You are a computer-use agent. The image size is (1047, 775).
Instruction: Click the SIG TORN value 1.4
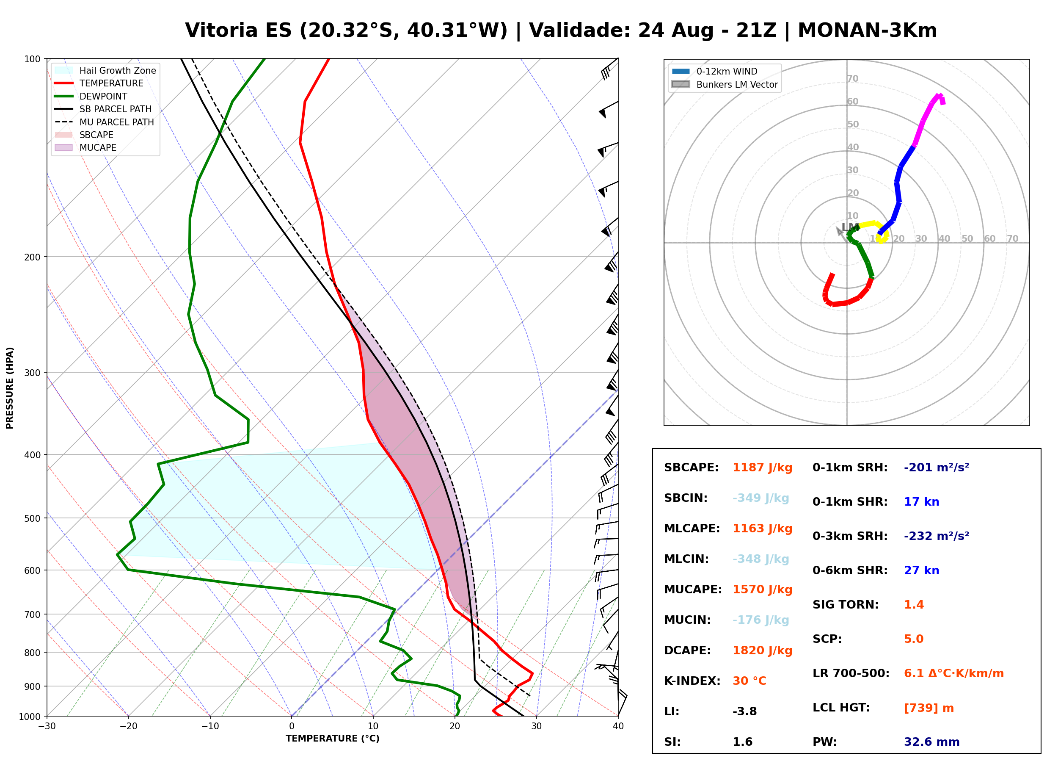point(913,605)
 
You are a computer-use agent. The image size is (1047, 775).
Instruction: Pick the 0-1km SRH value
point(937,468)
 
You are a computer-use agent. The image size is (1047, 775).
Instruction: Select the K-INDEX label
point(692,681)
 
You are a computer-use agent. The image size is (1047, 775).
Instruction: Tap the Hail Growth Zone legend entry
point(105,71)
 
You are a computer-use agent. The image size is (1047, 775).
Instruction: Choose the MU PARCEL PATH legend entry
point(105,122)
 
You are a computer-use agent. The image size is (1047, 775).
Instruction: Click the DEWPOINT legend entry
point(91,97)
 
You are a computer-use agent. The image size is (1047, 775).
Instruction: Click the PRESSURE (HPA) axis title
point(10,388)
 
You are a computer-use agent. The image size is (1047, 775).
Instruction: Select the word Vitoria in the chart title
point(221,31)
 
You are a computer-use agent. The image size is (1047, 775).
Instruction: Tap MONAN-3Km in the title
point(868,31)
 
